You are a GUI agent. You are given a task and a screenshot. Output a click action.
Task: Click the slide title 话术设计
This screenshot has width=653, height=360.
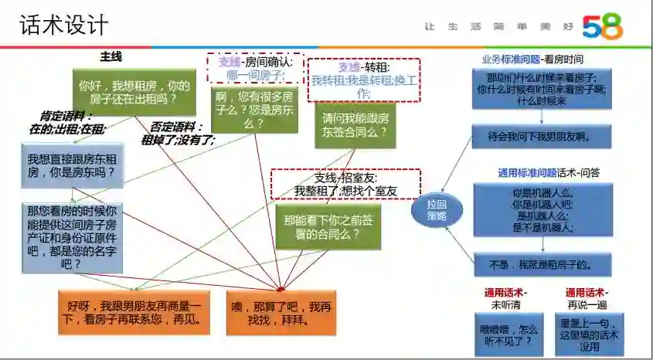pos(64,25)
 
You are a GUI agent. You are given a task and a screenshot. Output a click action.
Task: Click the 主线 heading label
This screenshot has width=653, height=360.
pos(111,57)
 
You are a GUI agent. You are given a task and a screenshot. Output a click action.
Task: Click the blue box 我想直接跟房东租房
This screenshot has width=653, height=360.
pos(72,165)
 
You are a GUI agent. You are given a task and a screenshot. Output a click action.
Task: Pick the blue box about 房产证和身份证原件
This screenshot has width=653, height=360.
pos(72,236)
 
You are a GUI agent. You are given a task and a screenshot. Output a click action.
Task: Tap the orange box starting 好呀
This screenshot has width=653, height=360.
pos(134,312)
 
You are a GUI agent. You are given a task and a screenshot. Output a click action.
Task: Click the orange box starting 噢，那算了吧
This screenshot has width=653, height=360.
pos(281,312)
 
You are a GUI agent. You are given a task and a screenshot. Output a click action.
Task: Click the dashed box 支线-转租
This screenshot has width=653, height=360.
pos(363,80)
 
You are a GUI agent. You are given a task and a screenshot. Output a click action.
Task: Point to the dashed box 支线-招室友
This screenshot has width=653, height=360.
pos(345,185)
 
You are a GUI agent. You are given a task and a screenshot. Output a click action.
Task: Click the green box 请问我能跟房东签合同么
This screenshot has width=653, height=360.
pos(355,125)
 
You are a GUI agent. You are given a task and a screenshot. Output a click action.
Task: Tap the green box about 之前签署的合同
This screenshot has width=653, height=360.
pos(328,226)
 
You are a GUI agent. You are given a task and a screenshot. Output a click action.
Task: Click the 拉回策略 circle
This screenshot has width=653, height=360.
pos(437,210)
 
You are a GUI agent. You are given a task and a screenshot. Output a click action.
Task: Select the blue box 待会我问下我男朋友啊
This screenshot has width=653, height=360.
pos(542,138)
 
